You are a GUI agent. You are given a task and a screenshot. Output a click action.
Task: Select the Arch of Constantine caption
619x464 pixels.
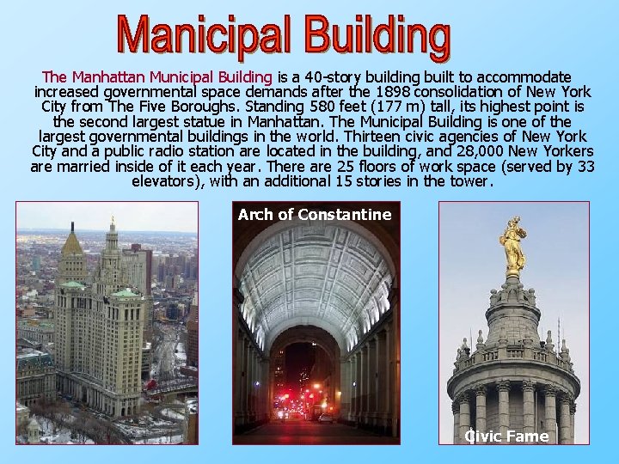[x=315, y=215]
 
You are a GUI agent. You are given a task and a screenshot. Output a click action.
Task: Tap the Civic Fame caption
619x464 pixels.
[x=506, y=436]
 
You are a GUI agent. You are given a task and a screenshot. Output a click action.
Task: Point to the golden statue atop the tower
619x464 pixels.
[x=514, y=245]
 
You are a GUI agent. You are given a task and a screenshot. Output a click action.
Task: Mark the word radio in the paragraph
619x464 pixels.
[x=182, y=151]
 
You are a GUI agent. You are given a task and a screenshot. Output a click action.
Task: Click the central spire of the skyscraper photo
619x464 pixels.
[x=111, y=236]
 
